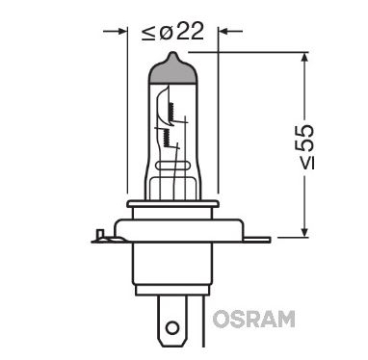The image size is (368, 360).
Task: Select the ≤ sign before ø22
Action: click(145, 30)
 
